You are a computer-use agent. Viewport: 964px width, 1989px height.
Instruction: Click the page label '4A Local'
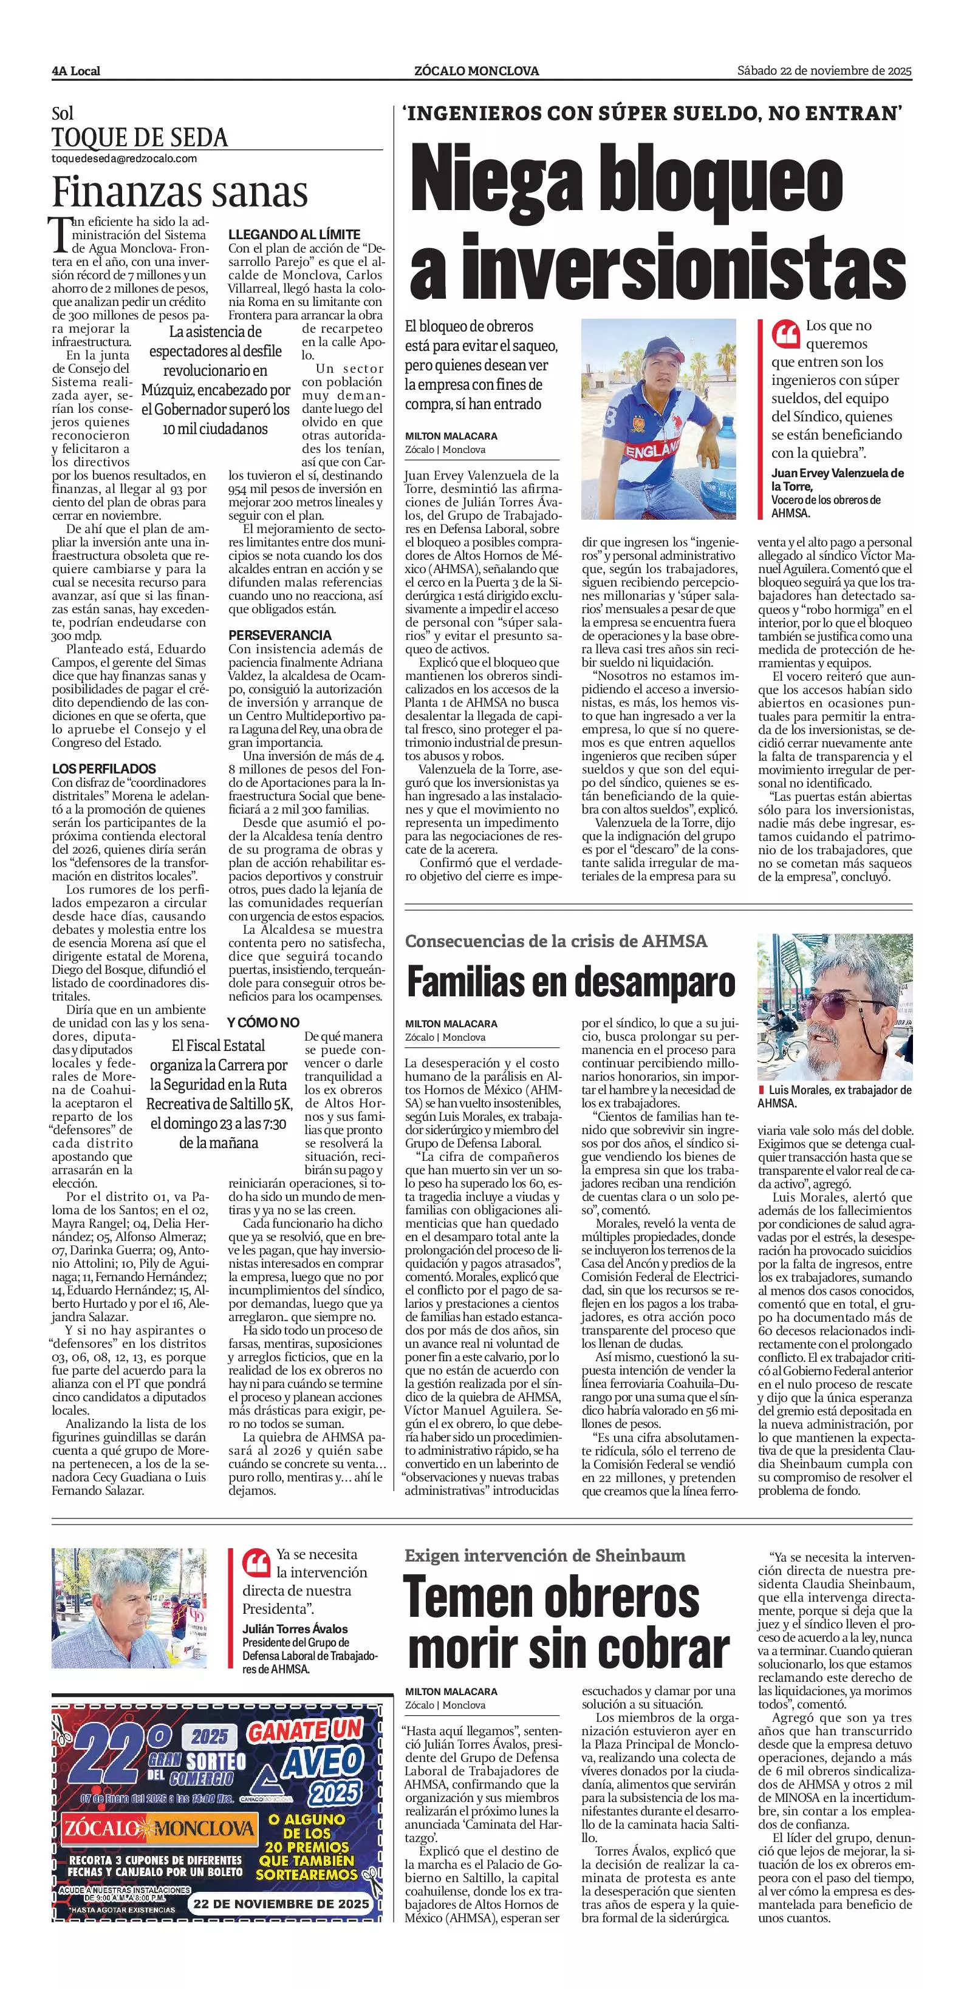[x=76, y=71]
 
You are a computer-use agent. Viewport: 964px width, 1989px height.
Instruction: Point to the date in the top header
[x=824, y=71]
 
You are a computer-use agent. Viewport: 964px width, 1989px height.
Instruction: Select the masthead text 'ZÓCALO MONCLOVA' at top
[x=477, y=71]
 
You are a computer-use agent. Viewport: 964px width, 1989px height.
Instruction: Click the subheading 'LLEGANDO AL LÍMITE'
[x=294, y=234]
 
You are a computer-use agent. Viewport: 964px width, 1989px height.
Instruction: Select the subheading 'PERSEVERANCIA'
[x=279, y=634]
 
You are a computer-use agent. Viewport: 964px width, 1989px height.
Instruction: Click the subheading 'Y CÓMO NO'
[x=262, y=1022]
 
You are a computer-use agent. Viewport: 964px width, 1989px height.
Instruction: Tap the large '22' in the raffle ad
[x=106, y=1753]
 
